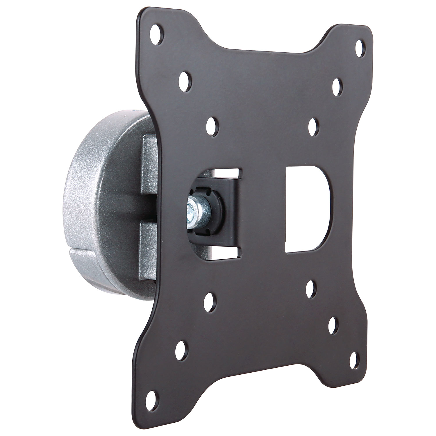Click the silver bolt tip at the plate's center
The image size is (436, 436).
[190, 209]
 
